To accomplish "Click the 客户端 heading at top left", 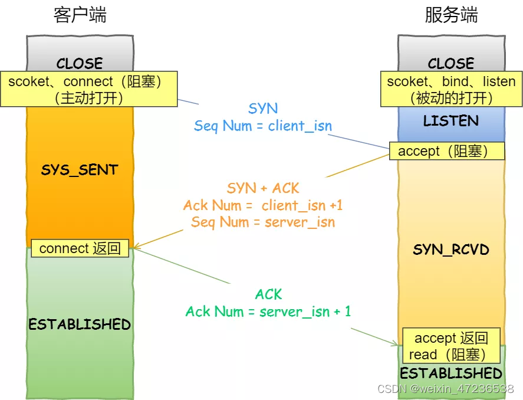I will point(80,15).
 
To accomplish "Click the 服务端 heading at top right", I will point(451,15).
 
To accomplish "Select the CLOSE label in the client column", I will point(80,63).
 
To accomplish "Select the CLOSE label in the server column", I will point(451,63).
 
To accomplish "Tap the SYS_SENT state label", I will point(80,171).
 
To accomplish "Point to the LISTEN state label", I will point(451,121).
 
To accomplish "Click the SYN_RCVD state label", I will point(451,250).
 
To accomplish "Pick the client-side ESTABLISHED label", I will point(80,324).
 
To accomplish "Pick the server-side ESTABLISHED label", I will point(451,373).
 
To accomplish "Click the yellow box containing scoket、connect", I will point(88,89).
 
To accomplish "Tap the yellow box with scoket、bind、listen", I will point(451,89).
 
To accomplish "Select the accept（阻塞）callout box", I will point(446,151).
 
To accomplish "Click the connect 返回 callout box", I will point(80,248).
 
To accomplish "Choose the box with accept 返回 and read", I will point(451,346).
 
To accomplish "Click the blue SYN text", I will point(263,109).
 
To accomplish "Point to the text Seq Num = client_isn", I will point(263,126).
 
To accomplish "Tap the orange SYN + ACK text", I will point(263,188).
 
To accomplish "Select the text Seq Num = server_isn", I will point(263,222).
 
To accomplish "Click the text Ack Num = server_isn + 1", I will point(268,312).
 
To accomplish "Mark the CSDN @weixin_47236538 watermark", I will point(445,389).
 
